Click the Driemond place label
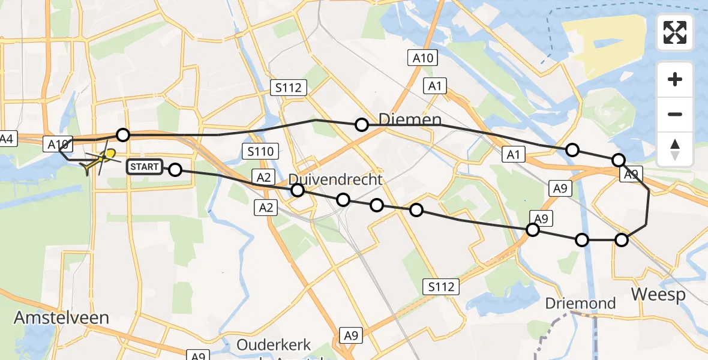click(x=581, y=303)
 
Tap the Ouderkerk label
click(x=274, y=345)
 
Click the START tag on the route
click(x=144, y=167)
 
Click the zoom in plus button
click(x=675, y=79)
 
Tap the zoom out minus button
click(x=675, y=114)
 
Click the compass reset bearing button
click(x=675, y=149)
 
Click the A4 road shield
click(x=7, y=139)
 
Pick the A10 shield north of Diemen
click(x=424, y=58)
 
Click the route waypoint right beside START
click(x=175, y=170)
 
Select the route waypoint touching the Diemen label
click(x=362, y=125)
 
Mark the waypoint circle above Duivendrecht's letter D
click(x=298, y=190)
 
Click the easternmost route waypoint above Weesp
click(x=622, y=240)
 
